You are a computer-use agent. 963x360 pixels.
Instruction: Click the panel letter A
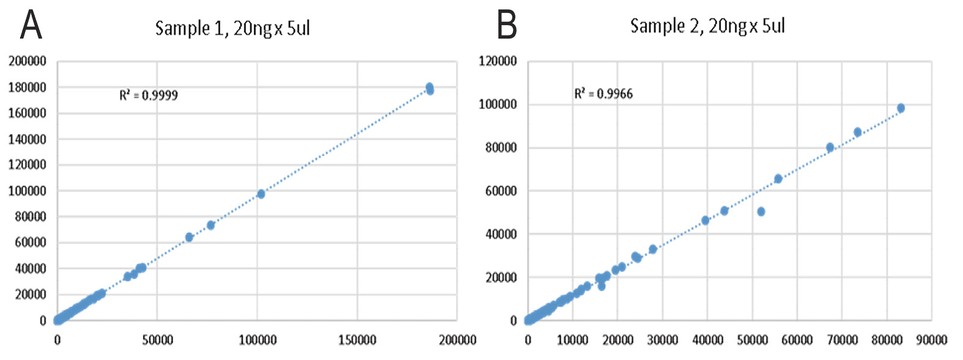31,26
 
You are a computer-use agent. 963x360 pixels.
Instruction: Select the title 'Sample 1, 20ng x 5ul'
233,28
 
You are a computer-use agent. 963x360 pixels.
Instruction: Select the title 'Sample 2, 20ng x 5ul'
707,26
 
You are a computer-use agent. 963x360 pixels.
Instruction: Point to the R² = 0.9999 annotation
148,95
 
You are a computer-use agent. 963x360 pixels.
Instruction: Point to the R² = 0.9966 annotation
603,94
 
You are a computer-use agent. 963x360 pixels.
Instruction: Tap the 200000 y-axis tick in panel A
27,61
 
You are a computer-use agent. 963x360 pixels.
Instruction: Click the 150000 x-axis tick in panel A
357,340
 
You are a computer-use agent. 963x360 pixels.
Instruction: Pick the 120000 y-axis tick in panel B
498,61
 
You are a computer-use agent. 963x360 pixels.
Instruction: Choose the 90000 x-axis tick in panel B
931,340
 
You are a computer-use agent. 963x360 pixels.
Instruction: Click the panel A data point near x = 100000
261,194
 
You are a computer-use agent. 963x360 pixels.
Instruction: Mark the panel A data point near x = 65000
189,237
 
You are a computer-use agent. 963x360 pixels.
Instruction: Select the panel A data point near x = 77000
211,225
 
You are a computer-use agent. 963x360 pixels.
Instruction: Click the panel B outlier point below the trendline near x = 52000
761,211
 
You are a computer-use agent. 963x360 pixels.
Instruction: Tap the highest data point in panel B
901,108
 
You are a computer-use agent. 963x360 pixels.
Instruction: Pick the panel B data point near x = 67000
830,147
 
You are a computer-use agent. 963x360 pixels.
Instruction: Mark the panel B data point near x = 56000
778,178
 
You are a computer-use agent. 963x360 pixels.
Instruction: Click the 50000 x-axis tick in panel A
158,340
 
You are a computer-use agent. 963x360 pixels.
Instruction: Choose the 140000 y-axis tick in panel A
27,139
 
